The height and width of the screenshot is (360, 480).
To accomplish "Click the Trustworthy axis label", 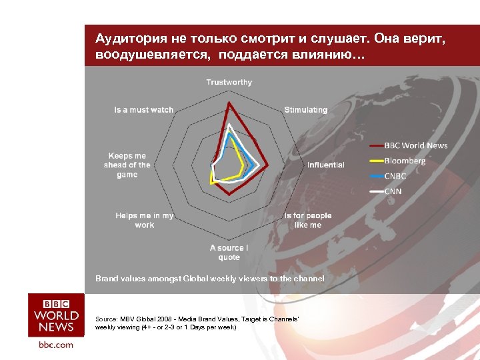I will tap(229, 82).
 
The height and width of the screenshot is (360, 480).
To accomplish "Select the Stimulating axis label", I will tap(305, 109).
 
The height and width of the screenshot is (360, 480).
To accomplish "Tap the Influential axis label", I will tap(325, 165).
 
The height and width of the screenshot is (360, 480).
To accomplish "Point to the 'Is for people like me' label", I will tap(307, 220).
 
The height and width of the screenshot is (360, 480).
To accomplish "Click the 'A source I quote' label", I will tap(229, 253).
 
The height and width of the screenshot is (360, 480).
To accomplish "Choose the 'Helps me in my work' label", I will tap(144, 220).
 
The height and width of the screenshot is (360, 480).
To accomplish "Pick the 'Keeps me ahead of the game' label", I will tap(127, 165).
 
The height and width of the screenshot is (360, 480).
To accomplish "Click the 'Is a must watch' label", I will tap(143, 109).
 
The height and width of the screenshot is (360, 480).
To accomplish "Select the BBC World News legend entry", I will tap(416, 145).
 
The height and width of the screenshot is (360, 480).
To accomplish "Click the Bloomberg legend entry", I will tap(405, 161).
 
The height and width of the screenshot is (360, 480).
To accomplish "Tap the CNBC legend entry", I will tap(395, 176).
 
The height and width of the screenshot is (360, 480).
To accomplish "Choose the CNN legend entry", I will tap(392, 191).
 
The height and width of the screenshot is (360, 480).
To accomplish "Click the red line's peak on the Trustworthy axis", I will tap(229, 103).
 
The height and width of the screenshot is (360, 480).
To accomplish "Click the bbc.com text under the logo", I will tap(56, 345).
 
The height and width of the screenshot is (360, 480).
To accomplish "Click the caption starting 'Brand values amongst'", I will tap(209, 278).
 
